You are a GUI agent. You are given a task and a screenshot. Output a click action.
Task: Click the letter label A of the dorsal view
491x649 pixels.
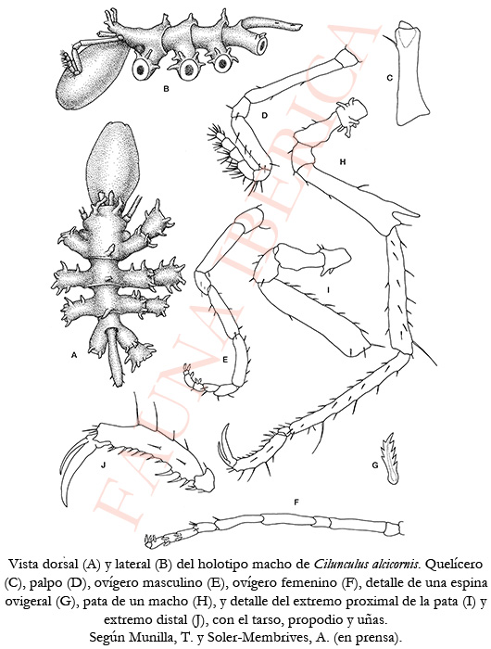point(74,355)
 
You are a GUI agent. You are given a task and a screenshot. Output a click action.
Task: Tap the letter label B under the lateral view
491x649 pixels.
point(166,88)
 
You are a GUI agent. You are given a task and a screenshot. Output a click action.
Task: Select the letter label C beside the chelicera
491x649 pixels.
point(389,77)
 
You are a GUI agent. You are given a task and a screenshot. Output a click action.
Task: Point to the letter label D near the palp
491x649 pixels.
point(265,116)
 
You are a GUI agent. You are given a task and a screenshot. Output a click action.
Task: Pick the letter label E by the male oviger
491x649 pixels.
point(225,360)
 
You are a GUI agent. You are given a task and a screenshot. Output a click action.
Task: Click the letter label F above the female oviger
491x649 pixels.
point(296,503)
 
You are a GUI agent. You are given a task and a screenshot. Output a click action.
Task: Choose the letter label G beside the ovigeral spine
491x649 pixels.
point(375,465)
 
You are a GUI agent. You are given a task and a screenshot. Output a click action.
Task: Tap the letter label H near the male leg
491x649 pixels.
point(342,162)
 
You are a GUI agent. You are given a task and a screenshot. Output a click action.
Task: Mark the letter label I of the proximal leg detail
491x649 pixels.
point(328,290)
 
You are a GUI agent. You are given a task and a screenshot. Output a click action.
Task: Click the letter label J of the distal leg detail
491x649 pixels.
point(104,465)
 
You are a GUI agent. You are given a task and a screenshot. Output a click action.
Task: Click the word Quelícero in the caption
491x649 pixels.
point(454,564)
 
